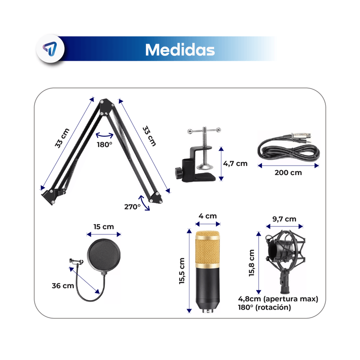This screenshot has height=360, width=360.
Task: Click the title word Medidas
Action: (x=180, y=49)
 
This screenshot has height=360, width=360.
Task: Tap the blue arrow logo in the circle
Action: (x=50, y=49)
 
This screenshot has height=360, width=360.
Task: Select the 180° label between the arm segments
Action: (x=104, y=144)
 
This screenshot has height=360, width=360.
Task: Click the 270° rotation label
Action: (x=132, y=207)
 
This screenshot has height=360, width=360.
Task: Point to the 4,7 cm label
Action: (x=235, y=164)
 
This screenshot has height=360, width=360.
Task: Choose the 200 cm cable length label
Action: (x=288, y=173)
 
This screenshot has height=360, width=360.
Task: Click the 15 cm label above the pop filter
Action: (x=103, y=227)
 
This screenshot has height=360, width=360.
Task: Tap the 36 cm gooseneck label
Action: (x=63, y=286)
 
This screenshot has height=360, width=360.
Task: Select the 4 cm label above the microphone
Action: (x=207, y=216)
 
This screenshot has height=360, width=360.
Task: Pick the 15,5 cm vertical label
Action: (x=182, y=271)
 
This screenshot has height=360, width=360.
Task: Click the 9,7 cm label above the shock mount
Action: (x=284, y=219)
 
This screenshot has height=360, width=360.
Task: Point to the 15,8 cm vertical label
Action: (x=252, y=263)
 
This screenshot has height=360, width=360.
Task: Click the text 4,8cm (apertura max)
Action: (x=278, y=299)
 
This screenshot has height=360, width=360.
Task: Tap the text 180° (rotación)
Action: (x=264, y=307)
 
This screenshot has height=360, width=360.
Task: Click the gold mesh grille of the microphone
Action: (x=207, y=250)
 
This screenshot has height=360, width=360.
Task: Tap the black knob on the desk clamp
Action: (x=178, y=173)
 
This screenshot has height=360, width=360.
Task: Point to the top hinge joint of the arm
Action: (x=106, y=107)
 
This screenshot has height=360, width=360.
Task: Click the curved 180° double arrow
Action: (x=105, y=136)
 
